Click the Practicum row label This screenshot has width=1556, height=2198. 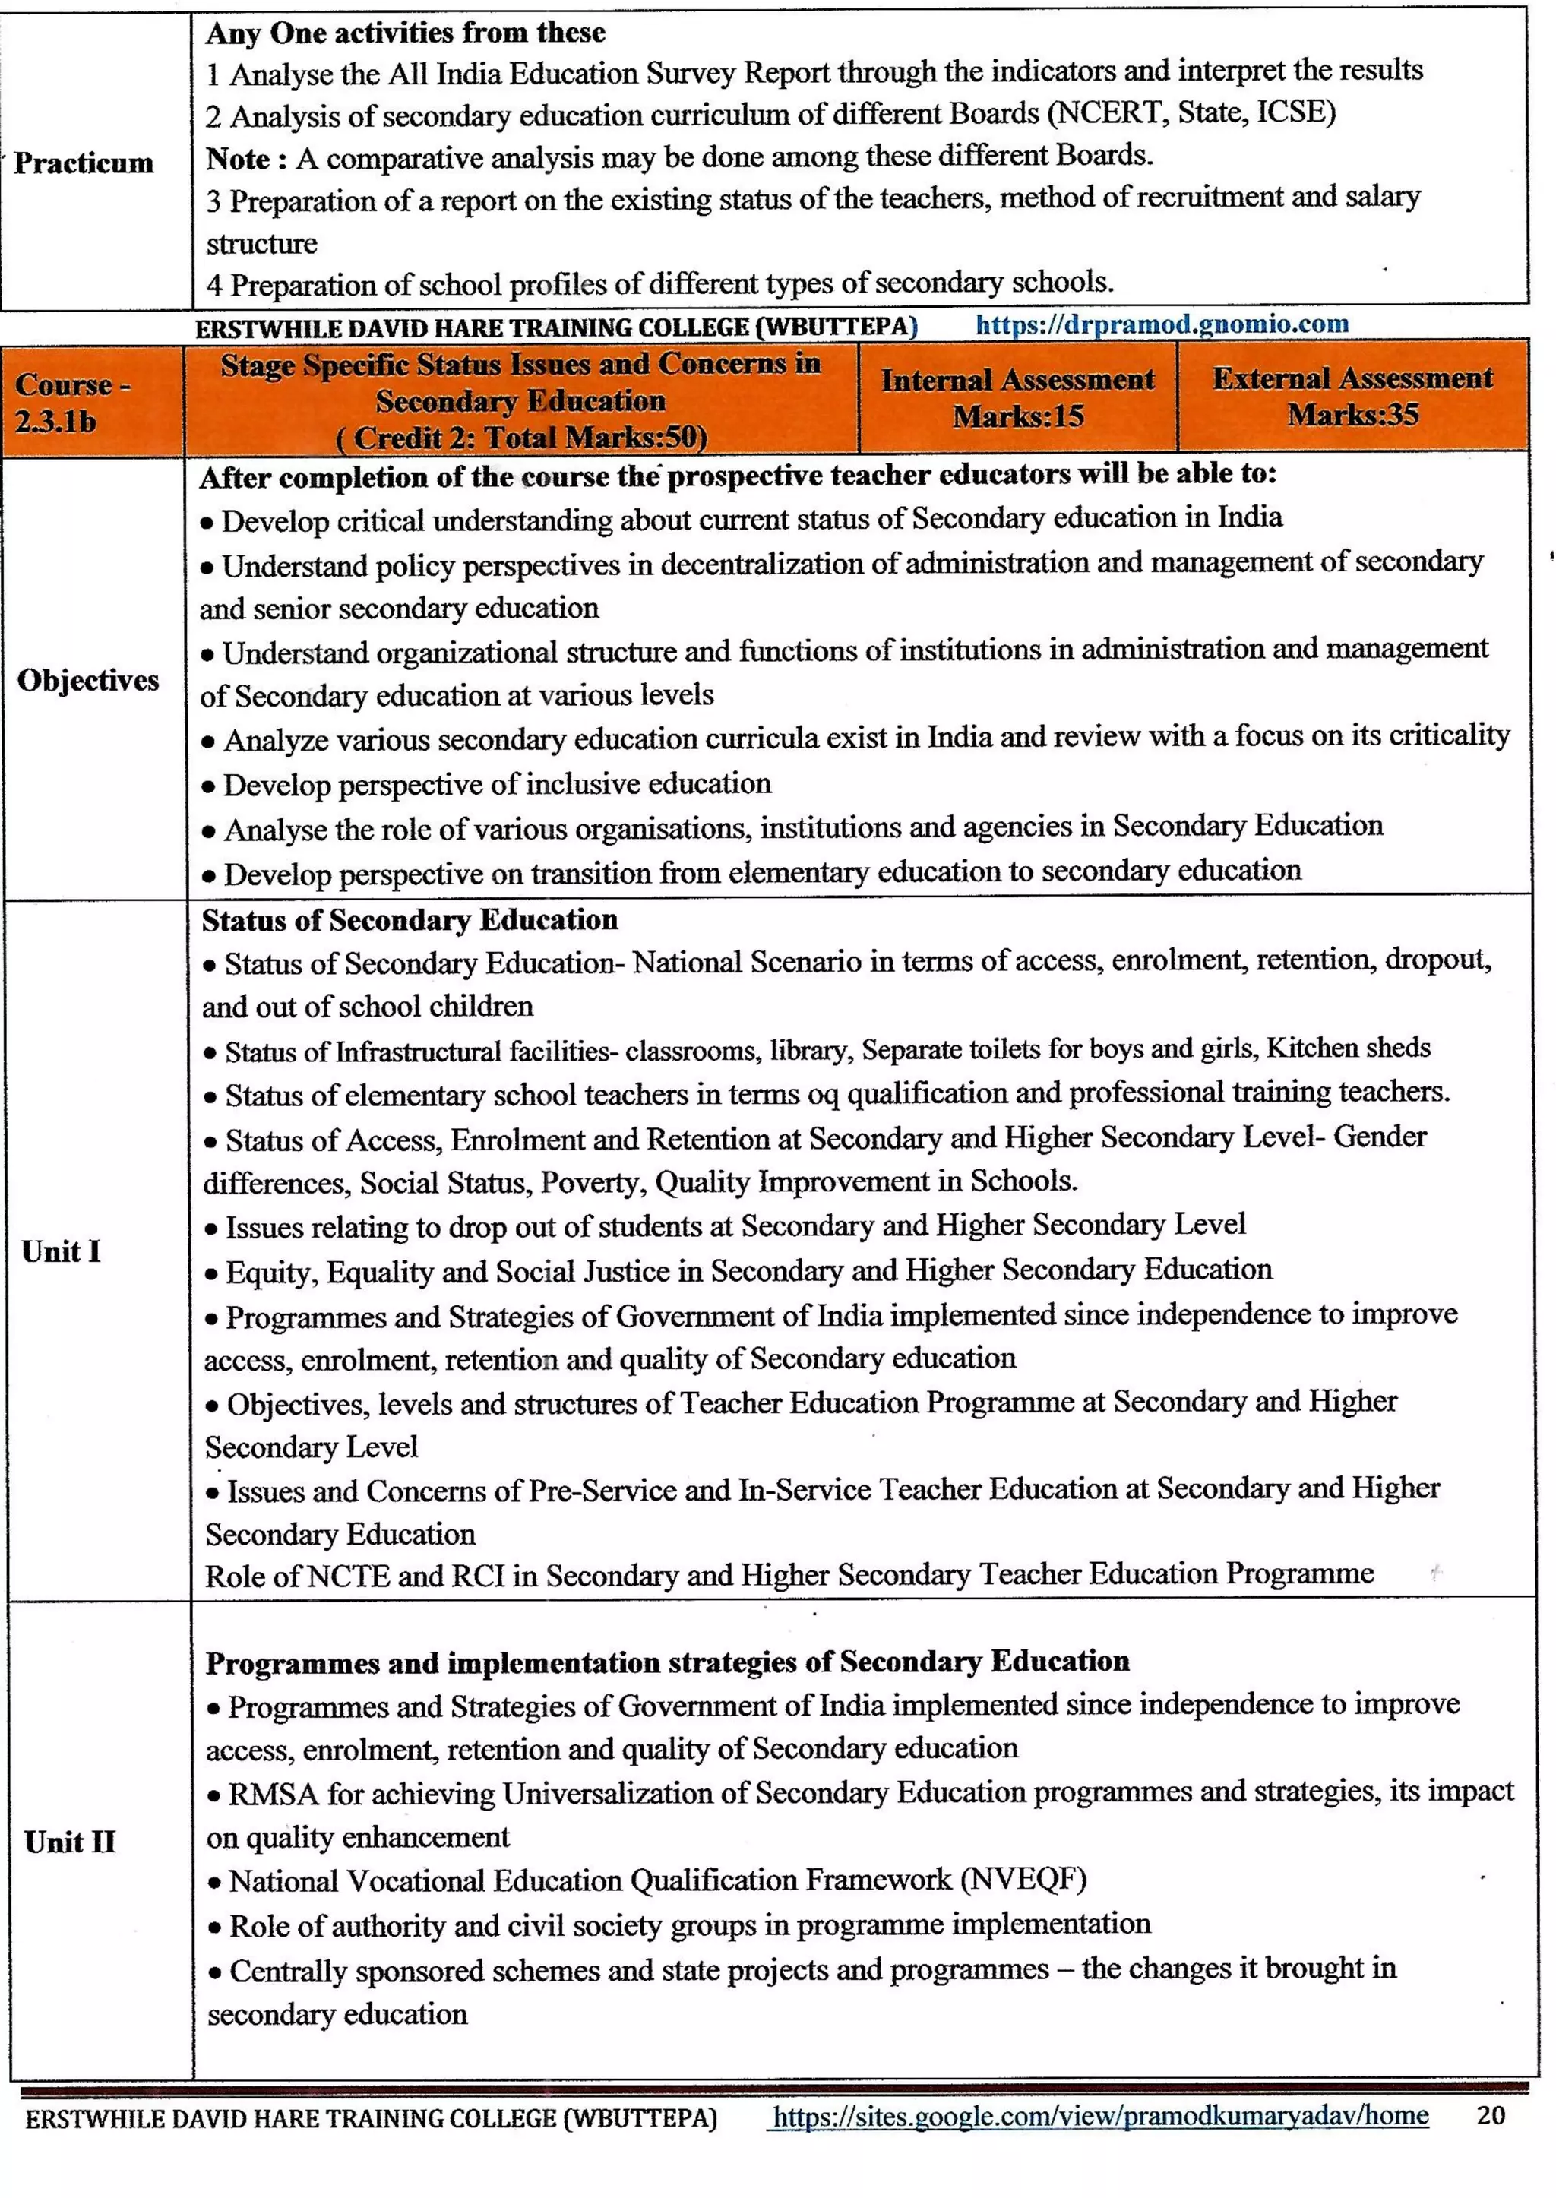point(84,163)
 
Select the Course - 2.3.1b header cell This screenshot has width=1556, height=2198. point(72,403)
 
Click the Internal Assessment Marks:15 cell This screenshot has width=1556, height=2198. point(1017,397)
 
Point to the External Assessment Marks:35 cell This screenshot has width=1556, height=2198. point(1352,396)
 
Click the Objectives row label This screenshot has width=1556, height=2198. point(88,679)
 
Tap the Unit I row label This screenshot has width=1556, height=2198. point(62,1251)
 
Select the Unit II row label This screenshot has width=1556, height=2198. point(70,1841)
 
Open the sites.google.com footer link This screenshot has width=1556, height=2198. point(1100,2116)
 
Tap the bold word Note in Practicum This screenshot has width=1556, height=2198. point(239,158)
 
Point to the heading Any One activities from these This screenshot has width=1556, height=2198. point(405,33)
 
